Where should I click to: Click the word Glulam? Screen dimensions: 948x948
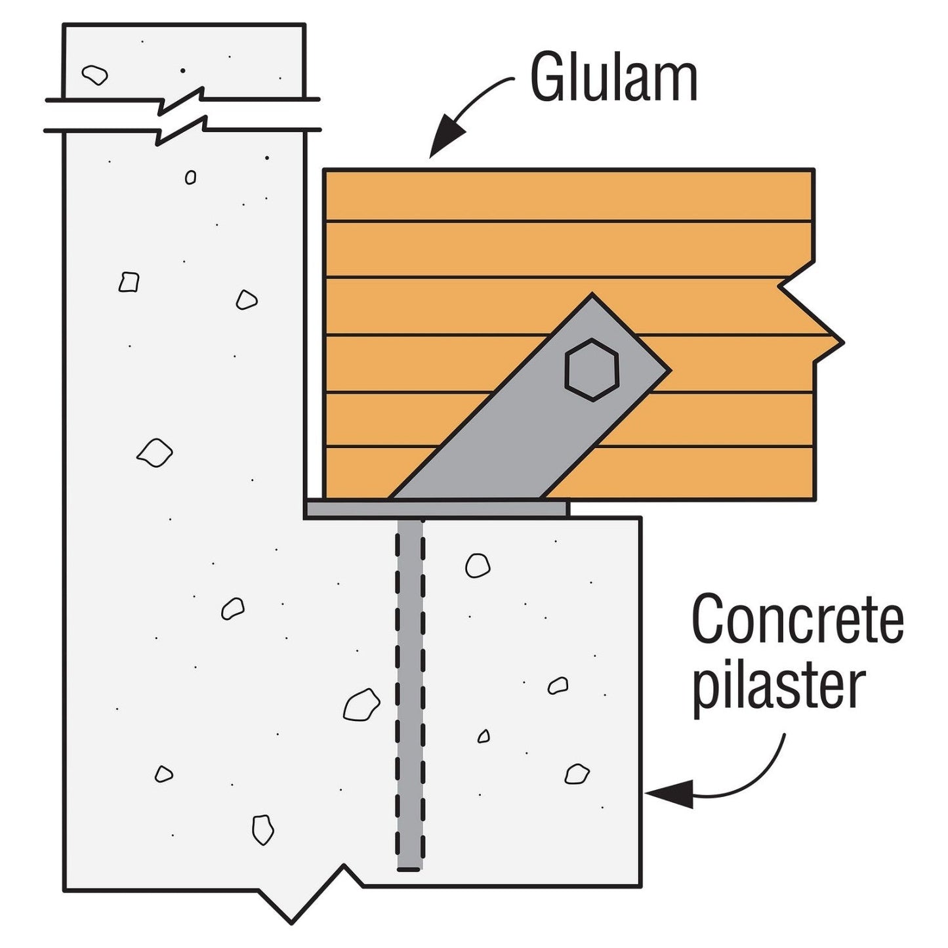613,79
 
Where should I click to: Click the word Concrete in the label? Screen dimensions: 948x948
797,620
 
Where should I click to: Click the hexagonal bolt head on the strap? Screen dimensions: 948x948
592,369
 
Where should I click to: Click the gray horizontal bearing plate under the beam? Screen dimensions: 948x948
436,509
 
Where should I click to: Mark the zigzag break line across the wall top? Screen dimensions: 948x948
182,115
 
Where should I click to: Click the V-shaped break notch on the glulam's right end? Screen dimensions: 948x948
814,315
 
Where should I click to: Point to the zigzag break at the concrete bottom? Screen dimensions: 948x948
302,899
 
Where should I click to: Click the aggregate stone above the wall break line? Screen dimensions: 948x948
95,75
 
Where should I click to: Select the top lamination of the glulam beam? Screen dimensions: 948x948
568,196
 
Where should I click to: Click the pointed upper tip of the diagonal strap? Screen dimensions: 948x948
592,298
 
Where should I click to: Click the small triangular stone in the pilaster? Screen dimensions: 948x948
484,736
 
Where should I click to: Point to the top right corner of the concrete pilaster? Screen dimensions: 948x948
639,519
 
